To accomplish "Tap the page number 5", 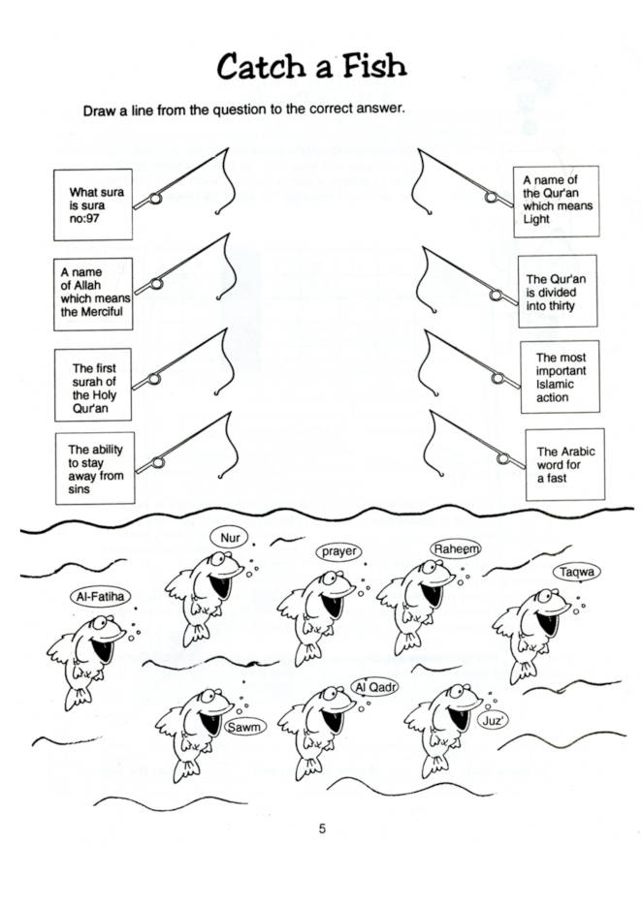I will [322, 828].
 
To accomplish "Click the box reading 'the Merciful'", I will [93, 293].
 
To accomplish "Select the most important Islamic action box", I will [560, 377].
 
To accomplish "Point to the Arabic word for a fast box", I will [564, 465].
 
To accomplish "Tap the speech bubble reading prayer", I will [339, 551].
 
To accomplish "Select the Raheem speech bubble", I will [456, 548].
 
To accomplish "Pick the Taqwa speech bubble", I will [576, 573].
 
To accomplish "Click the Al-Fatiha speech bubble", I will [103, 597].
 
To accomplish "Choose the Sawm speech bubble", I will [244, 726].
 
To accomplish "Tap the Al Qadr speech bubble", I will [374, 687].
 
